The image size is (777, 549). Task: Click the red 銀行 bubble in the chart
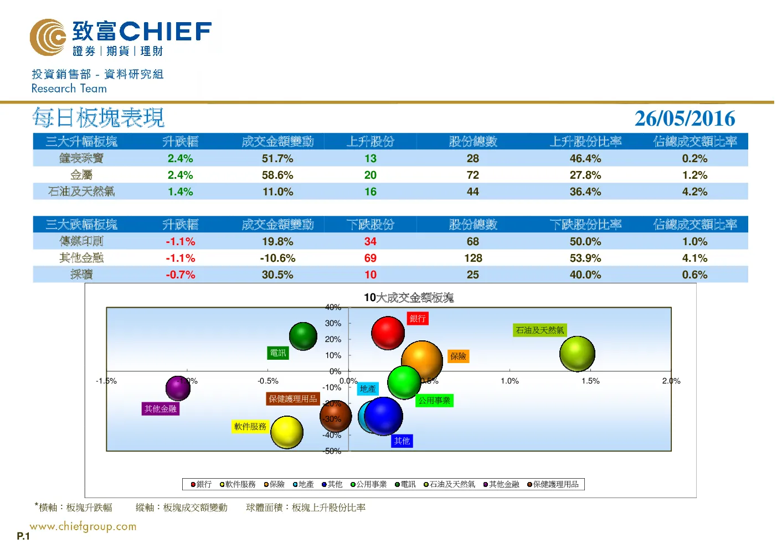[x=388, y=333]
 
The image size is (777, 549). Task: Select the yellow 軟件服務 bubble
[x=287, y=432]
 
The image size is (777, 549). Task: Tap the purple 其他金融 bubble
[x=178, y=388]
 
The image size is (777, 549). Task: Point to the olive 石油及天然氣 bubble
[x=577, y=354]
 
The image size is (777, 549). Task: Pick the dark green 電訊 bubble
[x=303, y=336]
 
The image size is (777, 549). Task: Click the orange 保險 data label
[x=458, y=356]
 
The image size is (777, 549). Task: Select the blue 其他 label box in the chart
[x=402, y=441]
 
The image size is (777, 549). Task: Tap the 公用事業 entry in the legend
[x=368, y=484]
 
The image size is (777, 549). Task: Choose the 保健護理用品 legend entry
[x=553, y=484]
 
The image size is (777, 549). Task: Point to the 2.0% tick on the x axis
[x=671, y=381]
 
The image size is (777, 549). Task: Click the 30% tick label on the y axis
[x=333, y=323]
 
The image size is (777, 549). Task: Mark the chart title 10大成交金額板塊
[x=409, y=297]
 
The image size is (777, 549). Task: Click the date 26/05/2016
[x=685, y=118]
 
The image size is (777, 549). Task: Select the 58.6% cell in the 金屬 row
[x=277, y=175]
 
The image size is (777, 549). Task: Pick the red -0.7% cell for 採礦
[x=181, y=274]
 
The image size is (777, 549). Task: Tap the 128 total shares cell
[x=473, y=258]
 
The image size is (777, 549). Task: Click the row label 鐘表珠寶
[x=81, y=158]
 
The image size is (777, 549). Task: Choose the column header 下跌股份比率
[x=585, y=225]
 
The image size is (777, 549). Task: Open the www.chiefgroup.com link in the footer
[x=83, y=526]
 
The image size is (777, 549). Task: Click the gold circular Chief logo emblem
[x=48, y=37]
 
